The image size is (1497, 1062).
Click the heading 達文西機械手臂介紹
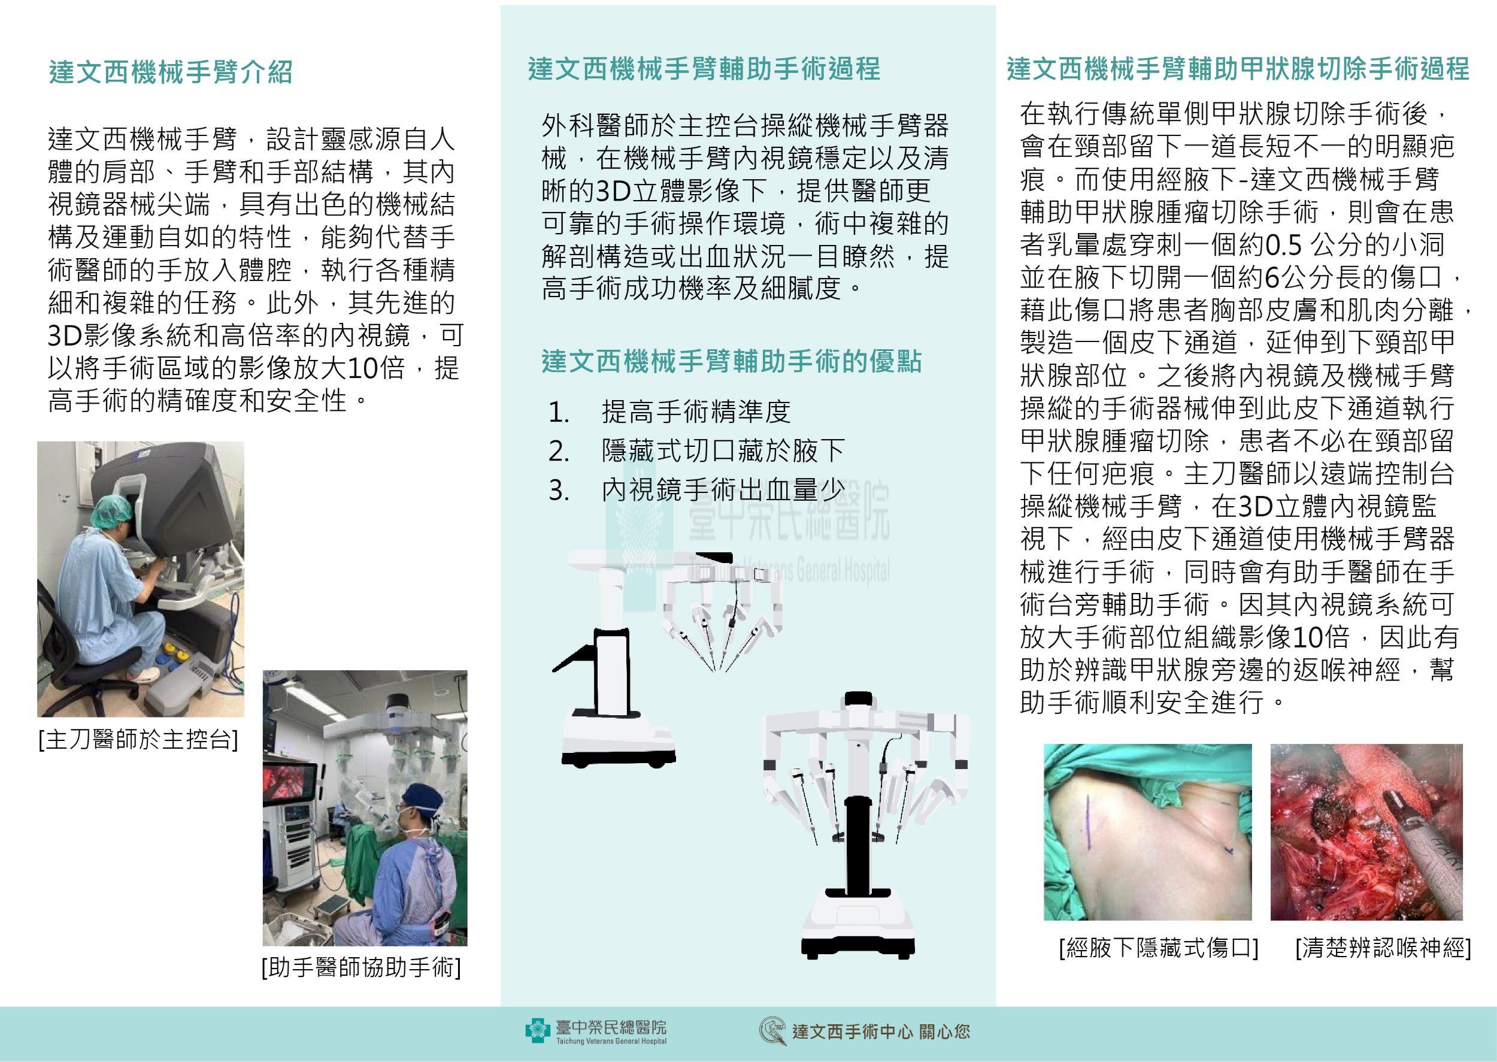[171, 72]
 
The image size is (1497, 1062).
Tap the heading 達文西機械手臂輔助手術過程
[704, 69]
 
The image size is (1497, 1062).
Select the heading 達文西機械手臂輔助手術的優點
[732, 361]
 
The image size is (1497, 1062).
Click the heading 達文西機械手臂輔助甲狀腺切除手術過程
[1238, 69]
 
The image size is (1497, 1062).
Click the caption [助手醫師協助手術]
[362, 967]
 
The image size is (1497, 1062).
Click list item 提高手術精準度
[696, 412]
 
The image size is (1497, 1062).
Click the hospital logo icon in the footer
[537, 1031]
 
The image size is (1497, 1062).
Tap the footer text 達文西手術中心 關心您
[881, 1032]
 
